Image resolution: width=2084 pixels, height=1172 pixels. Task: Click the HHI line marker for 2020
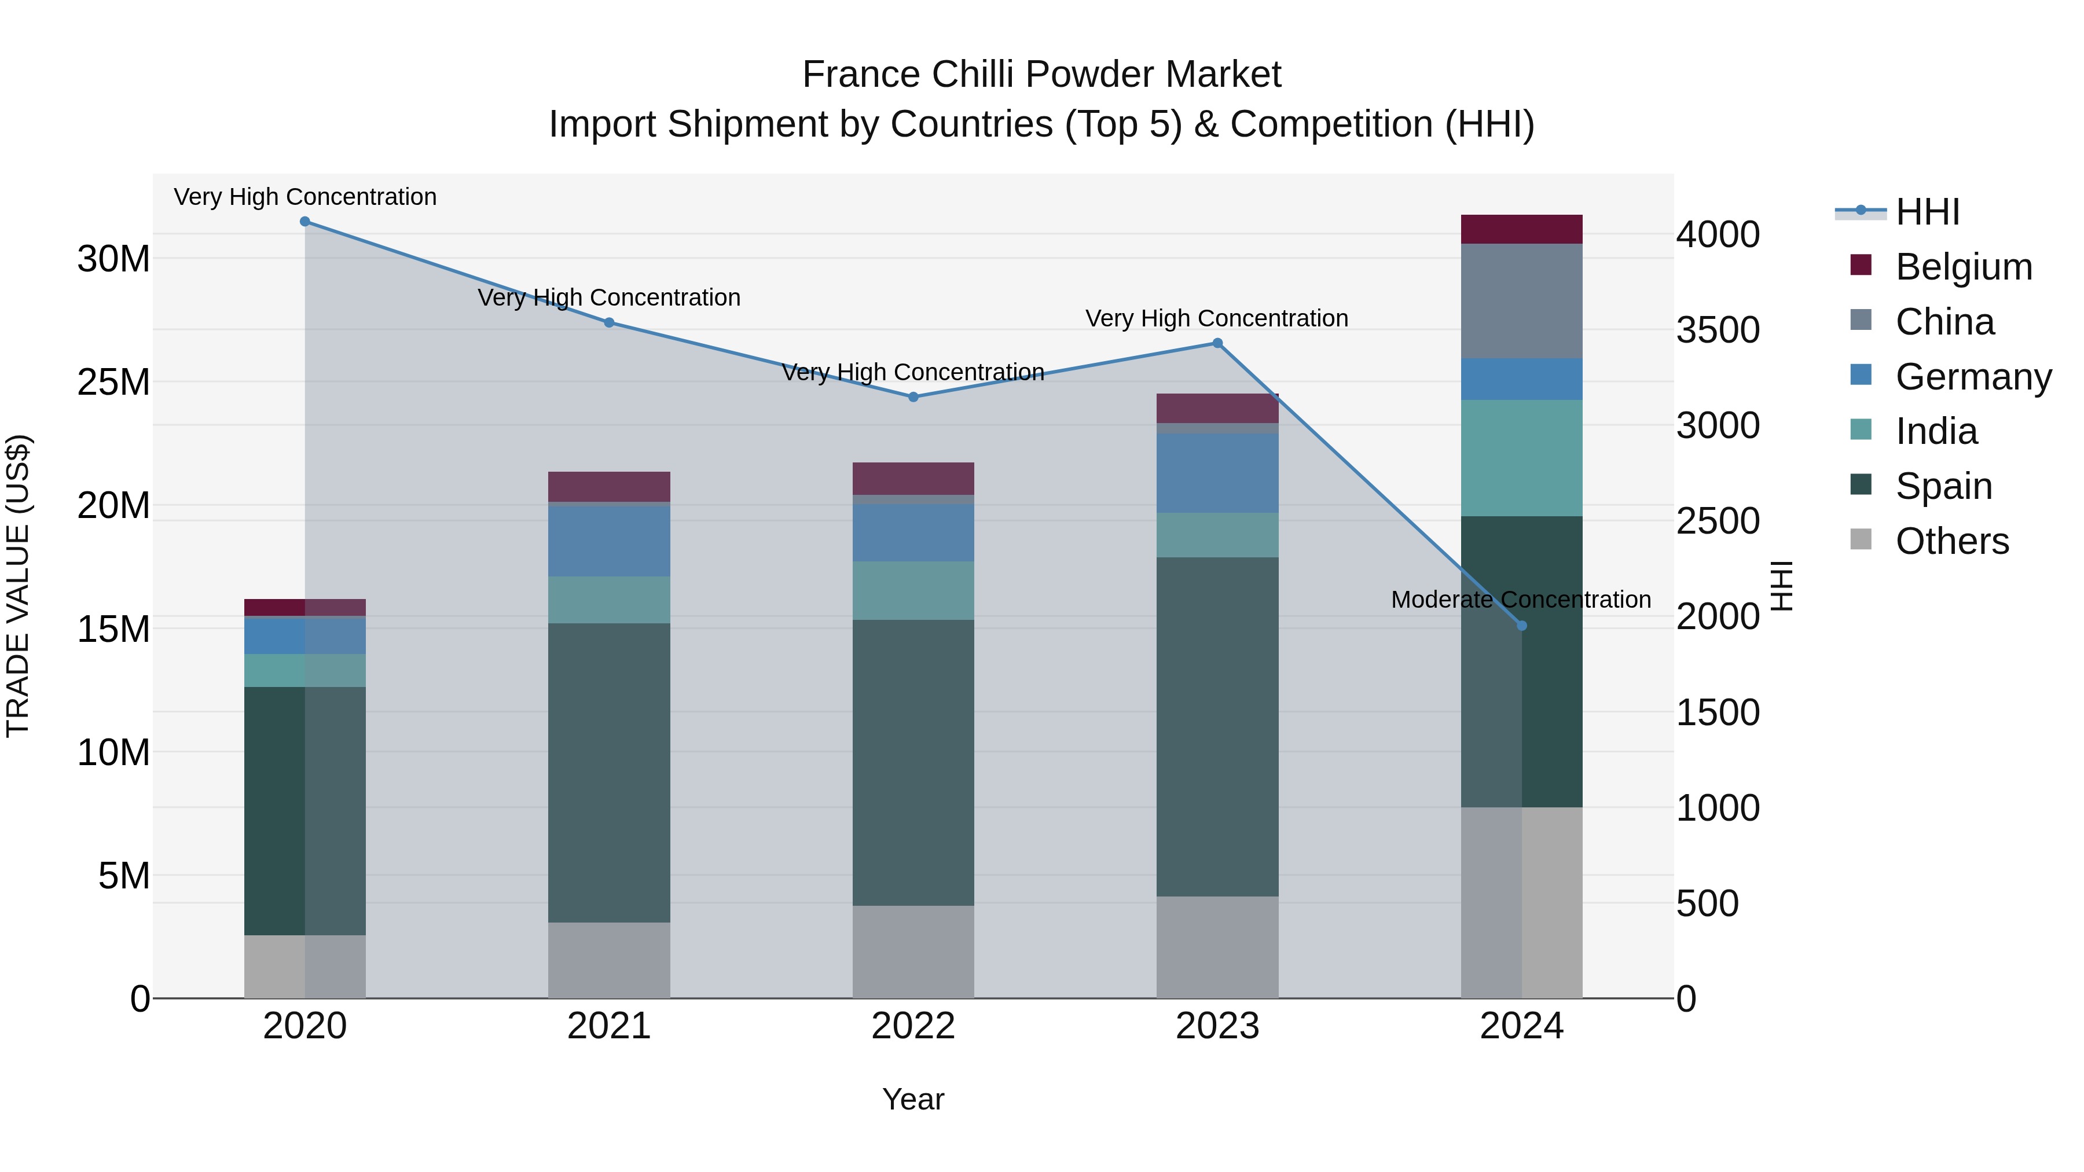305,222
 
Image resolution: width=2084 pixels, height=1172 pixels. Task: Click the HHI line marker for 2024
1522,625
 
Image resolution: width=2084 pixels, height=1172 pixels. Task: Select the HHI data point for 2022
913,397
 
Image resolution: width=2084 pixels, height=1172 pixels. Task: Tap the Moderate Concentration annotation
1521,600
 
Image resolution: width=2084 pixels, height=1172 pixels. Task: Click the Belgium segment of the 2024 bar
1522,230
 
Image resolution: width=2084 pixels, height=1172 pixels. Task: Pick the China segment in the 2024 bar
1522,301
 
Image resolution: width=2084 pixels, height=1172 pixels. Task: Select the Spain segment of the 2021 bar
609,773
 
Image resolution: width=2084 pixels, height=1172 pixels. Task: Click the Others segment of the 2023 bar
1217,946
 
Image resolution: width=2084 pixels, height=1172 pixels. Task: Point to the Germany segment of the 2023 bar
1217,473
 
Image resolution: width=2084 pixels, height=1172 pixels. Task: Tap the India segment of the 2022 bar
913,590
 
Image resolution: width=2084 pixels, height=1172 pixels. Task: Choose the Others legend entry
1951,541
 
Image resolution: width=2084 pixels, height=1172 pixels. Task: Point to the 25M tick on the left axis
113,383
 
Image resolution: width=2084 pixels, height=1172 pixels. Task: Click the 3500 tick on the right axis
1718,330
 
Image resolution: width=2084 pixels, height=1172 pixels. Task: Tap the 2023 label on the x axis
1217,1026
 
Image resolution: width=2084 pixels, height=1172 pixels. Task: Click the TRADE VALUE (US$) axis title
19,586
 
